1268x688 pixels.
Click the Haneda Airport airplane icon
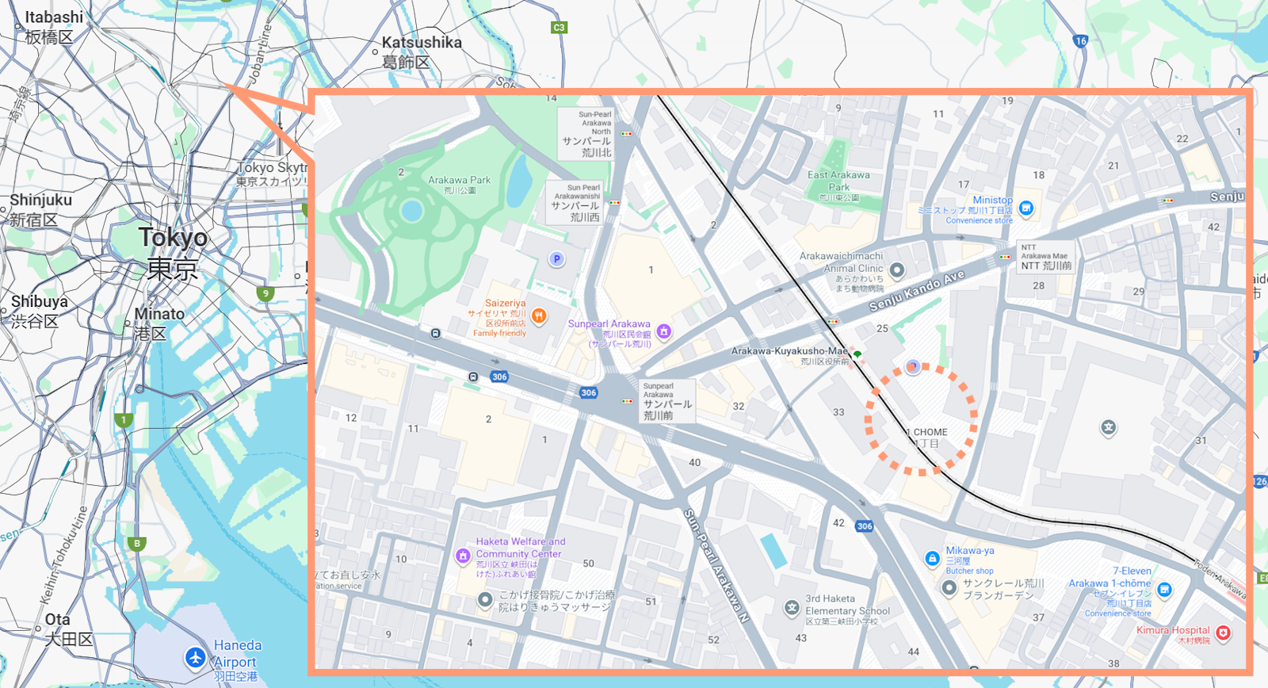coord(196,657)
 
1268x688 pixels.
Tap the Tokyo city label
coord(173,238)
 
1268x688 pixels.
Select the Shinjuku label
coord(40,201)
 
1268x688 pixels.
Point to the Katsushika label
coord(422,43)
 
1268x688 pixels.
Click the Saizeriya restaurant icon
coord(539,317)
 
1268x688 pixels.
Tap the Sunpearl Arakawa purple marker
coord(664,331)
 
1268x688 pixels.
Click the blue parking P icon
coord(557,259)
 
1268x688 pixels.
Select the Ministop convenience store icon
coord(1026,208)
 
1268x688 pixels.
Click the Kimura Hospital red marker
coord(1224,633)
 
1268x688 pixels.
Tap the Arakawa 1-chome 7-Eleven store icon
coord(1164,590)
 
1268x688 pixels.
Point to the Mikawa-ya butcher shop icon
coord(933,559)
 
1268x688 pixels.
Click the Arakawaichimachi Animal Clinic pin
coord(897,270)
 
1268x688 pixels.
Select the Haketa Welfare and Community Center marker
coord(464,556)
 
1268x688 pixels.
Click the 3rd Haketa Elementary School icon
coord(792,608)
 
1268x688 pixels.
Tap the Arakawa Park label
coord(459,181)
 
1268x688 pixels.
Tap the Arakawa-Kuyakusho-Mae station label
coord(789,351)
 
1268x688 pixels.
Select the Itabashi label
coord(53,17)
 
